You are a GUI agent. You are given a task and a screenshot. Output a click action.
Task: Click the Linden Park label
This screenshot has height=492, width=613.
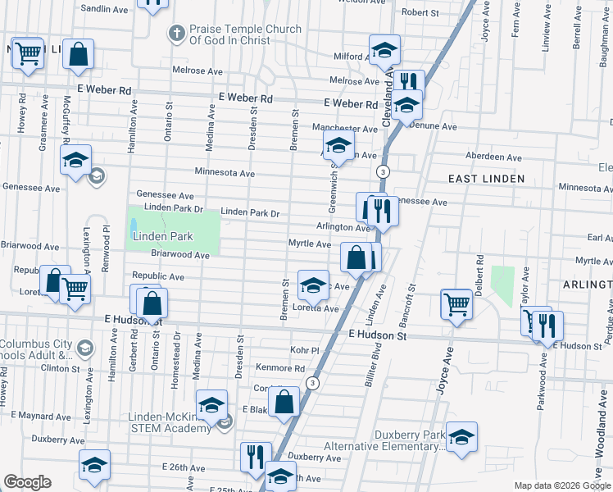click(161, 237)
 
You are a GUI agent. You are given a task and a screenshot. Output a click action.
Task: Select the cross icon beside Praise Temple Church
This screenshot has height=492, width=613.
click(175, 34)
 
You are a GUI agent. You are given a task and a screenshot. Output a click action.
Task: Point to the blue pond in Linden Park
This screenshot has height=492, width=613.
click(134, 225)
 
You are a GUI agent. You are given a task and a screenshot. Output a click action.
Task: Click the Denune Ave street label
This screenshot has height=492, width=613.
click(437, 127)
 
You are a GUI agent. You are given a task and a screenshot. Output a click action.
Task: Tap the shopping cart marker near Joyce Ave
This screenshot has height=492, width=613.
click(457, 304)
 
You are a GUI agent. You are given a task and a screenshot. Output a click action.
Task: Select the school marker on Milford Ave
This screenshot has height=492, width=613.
click(384, 50)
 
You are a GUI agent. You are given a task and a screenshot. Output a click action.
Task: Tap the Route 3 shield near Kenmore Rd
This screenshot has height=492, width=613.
click(312, 384)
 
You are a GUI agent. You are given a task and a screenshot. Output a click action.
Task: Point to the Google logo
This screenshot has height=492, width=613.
click(26, 482)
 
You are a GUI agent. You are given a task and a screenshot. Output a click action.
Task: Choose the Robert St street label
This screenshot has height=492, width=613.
click(421, 13)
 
